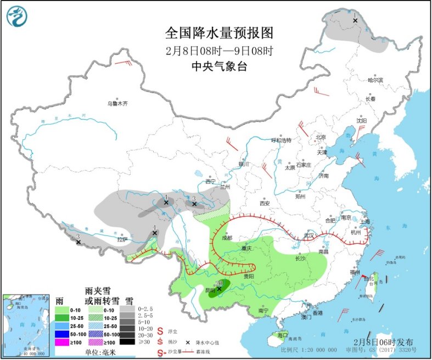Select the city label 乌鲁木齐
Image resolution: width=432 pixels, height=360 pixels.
[x=117, y=103]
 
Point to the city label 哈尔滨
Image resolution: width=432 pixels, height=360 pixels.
[x=375, y=80]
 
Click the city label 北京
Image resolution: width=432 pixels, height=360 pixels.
[x=321, y=137]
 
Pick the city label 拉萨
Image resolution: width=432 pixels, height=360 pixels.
[x=122, y=239]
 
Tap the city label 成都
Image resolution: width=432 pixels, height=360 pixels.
[x=227, y=238]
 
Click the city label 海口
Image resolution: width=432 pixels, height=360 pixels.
[x=282, y=334]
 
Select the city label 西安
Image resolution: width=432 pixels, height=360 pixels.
[x=265, y=203]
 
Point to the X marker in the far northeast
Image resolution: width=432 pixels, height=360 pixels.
[x=355, y=21]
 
